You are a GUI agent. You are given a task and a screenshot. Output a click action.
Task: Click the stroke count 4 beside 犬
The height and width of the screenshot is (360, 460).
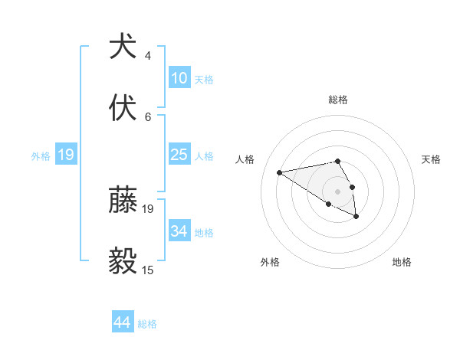(148, 56)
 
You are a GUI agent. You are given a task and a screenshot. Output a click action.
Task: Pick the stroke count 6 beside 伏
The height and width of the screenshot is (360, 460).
(148, 117)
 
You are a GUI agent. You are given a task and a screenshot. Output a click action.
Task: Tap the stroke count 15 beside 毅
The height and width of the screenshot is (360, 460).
(148, 270)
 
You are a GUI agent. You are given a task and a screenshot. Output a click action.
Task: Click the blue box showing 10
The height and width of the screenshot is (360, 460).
(179, 78)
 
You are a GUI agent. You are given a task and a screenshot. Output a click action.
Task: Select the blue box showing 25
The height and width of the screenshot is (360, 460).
(179, 155)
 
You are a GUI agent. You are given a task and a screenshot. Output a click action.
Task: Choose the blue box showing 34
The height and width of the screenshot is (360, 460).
(179, 231)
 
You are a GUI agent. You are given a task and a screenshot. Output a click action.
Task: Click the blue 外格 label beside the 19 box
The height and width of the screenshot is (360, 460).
(41, 155)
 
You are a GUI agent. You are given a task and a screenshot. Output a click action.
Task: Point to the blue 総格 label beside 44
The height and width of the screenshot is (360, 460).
(147, 324)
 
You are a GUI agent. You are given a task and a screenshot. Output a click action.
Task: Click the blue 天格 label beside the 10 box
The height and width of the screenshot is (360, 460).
(204, 80)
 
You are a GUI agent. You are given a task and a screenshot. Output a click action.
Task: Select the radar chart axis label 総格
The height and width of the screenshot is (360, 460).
(338, 100)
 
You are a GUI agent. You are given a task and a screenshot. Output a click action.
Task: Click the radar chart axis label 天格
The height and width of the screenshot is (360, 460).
(431, 159)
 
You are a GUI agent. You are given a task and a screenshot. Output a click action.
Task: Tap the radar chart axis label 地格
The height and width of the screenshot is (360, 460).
(402, 262)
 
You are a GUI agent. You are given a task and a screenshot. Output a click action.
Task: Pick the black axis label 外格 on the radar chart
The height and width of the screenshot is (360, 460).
(270, 262)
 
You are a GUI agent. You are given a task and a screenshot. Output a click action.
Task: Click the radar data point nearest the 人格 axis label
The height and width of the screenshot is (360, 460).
(280, 172)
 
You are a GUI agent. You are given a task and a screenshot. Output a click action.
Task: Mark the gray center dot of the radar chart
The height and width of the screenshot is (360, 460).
(338, 191)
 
